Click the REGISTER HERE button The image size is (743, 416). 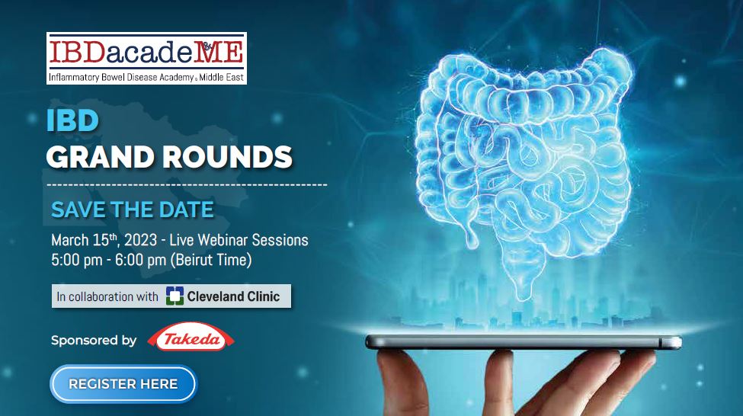pos(123,384)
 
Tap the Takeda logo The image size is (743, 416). pos(191,340)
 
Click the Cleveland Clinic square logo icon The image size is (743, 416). pos(175,296)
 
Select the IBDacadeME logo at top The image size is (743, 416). pos(146,52)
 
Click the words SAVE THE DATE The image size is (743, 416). pos(133,210)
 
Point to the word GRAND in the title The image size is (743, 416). pos(97,157)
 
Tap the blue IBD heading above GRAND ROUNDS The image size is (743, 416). pos(72,122)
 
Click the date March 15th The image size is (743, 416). pos(85,240)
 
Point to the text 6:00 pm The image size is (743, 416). pos(140,259)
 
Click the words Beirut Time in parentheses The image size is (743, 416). pos(210,259)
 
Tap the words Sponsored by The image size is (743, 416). pos(94,341)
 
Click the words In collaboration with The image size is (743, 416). pos(107,296)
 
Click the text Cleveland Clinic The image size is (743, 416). pos(234,296)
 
